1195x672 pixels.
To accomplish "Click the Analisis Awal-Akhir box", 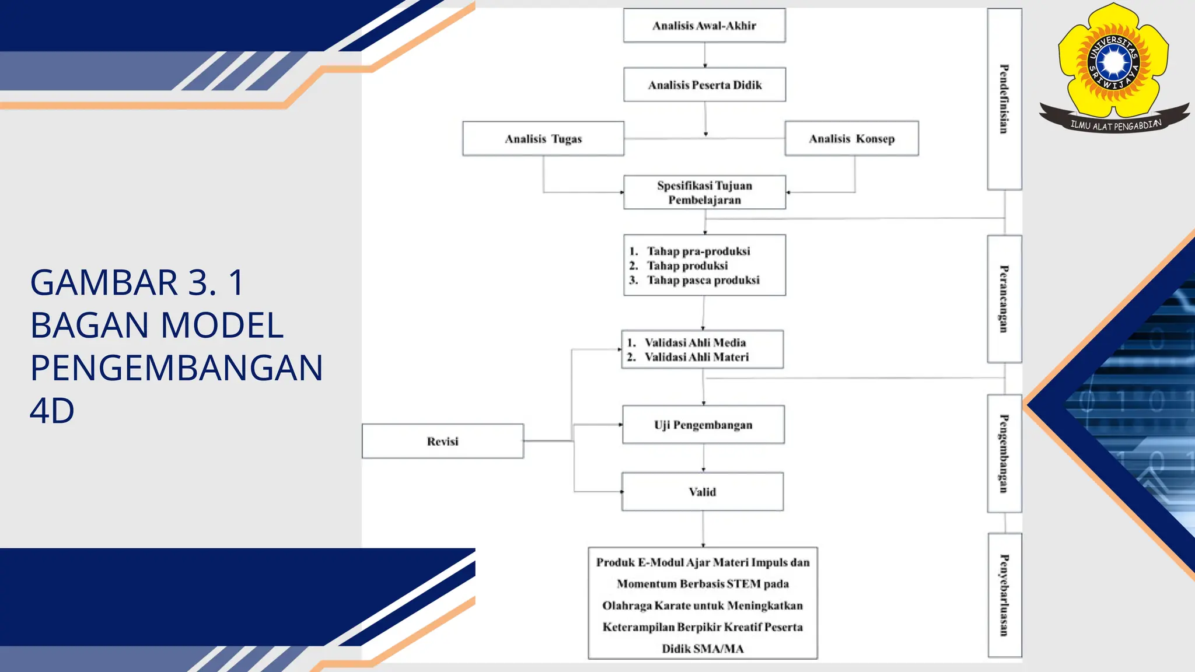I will coord(704,26).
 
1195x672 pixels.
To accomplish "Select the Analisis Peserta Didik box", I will coord(704,85).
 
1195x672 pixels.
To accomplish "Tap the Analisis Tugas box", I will coord(543,139).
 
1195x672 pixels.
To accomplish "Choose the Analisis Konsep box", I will coord(851,139).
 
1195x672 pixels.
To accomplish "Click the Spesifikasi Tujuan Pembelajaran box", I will coord(704,192).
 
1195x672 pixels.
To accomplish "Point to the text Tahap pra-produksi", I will coord(698,251).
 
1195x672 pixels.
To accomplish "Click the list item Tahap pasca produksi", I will coord(703,280).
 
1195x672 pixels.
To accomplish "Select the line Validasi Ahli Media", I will coord(694,342).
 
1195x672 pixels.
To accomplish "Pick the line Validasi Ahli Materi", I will coord(696,357).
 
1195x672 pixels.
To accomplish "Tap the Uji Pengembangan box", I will coord(703,425).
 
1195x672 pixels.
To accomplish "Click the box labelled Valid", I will coord(702,492).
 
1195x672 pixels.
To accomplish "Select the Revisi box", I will coord(442,442).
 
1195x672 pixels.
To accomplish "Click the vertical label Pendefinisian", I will coord(1004,99).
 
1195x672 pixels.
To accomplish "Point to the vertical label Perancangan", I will coord(1004,299).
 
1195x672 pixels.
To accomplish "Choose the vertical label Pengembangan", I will coord(1004,453).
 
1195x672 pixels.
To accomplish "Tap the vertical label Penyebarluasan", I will coord(1004,595).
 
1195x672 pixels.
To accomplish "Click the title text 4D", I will coord(52,411).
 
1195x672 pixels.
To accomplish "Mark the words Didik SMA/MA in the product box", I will coord(703,649).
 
